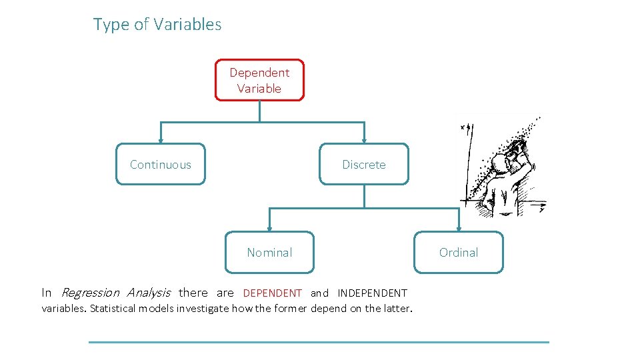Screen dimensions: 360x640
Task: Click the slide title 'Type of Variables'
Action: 157,25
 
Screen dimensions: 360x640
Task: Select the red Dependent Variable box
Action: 259,80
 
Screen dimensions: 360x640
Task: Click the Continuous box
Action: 161,164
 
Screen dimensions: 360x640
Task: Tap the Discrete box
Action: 364,164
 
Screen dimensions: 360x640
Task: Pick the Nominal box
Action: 269,252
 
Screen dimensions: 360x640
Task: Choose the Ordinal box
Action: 459,252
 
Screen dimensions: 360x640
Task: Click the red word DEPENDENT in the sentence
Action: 272,293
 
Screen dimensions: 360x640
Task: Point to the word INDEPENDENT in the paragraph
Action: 372,293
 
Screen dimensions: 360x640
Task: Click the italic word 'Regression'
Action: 90,293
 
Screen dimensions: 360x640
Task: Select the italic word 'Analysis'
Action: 149,293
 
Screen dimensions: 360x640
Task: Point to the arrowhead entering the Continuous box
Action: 161,140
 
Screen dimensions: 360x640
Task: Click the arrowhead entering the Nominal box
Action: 269,228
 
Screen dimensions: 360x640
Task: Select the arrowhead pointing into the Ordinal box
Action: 459,228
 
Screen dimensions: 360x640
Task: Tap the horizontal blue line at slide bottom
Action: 319,342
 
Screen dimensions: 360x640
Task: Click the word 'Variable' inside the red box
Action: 259,88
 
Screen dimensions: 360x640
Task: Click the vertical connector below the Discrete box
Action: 364,196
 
